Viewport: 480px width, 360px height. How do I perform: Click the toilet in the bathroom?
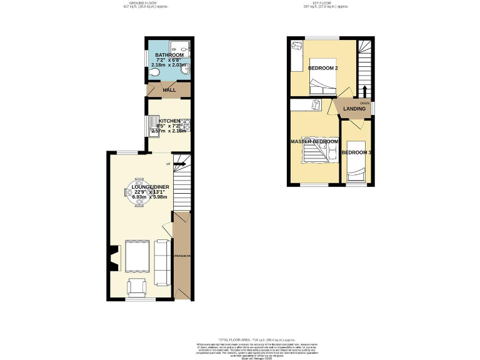pos(154,73)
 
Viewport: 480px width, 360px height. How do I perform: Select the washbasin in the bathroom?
pos(185,72)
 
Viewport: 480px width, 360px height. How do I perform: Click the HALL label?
pos(169,90)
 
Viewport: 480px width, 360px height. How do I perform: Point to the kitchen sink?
pos(154,127)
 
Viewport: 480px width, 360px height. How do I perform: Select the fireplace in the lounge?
pos(113,258)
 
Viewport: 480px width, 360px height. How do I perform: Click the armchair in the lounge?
pos(137,287)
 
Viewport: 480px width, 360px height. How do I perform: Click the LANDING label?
pos(354,109)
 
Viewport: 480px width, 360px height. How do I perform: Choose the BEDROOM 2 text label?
pos(323,67)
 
